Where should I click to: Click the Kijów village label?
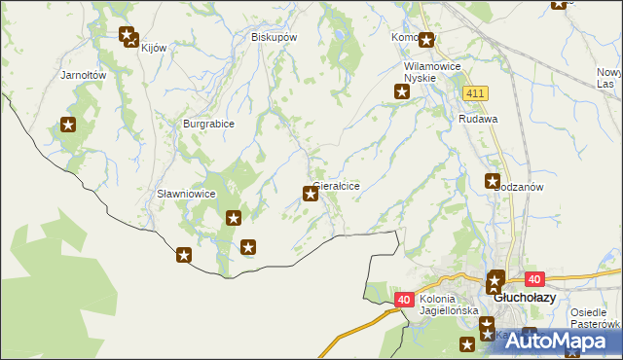155,48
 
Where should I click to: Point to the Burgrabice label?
208,124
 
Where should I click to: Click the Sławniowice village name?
186,194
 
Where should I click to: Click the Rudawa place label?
478,119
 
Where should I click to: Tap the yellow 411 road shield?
475,92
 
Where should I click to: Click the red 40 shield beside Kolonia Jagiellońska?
404,301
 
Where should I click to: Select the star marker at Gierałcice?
311,194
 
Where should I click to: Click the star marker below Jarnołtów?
68,125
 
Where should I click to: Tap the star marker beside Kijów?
129,37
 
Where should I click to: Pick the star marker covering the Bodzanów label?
493,181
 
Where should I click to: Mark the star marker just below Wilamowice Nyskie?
401,92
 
